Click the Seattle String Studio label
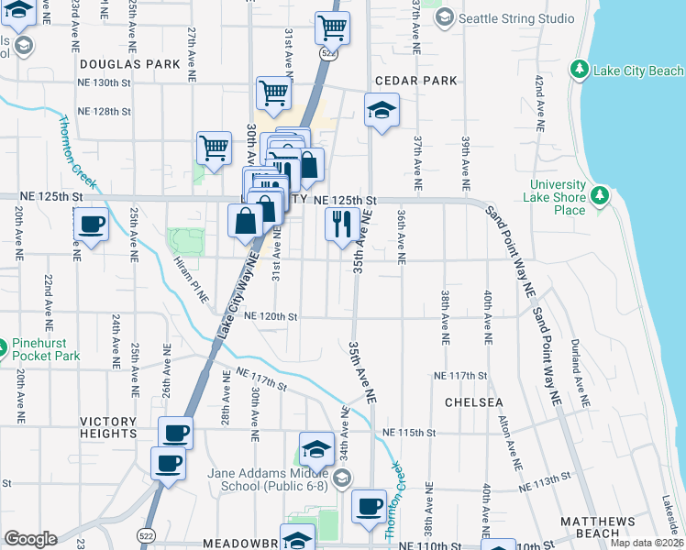(x=516, y=18)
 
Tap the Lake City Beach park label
(x=637, y=71)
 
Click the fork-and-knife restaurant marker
(x=341, y=223)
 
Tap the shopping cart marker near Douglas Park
(x=273, y=92)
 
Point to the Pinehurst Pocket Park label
(x=46, y=349)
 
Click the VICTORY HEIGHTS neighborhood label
(x=108, y=428)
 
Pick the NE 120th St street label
(x=271, y=316)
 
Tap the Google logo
(x=30, y=539)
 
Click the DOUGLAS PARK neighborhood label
(x=129, y=65)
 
